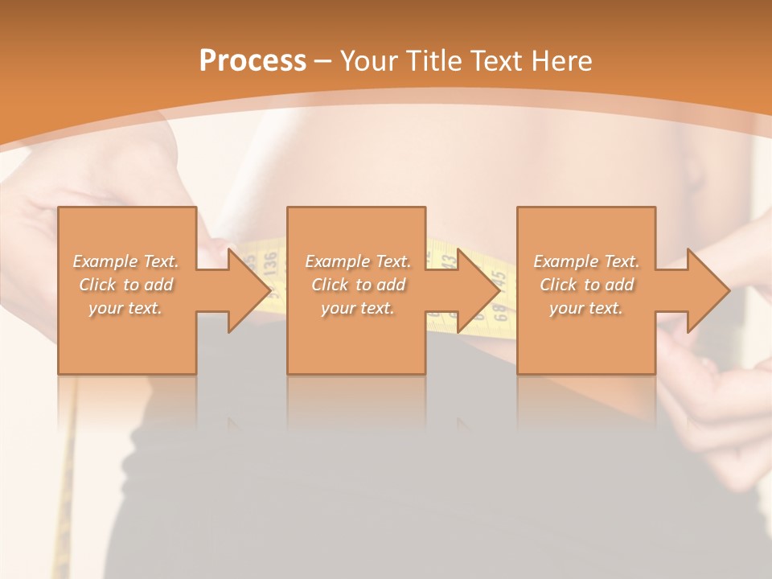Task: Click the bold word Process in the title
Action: (x=253, y=61)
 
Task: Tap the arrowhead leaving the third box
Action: (x=707, y=290)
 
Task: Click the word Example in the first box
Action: (x=104, y=261)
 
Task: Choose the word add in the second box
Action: (x=391, y=285)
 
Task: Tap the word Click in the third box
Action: (x=559, y=285)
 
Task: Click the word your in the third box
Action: (x=567, y=308)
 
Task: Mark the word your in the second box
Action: (x=339, y=308)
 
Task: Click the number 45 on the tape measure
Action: (x=499, y=281)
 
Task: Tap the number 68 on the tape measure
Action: (x=498, y=309)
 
